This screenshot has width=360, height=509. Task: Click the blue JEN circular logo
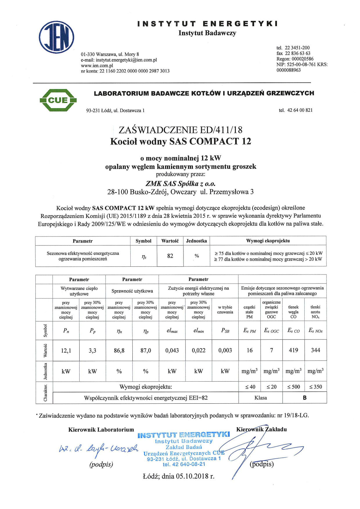click(57, 37)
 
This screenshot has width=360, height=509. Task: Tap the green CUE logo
click(58, 100)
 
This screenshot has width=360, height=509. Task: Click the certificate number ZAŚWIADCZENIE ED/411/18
click(180, 130)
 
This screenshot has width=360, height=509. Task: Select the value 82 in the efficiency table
click(170, 256)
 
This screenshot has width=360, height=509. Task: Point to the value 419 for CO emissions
click(294, 350)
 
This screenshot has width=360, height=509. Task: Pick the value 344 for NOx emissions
click(316, 350)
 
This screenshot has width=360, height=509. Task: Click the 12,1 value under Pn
click(66, 351)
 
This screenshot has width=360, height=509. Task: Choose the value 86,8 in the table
click(119, 351)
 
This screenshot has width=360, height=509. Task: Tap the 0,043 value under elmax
click(172, 351)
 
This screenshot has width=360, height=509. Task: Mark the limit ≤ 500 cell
click(294, 387)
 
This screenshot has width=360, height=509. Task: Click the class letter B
click(305, 398)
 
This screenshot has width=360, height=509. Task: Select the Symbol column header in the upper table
click(143, 241)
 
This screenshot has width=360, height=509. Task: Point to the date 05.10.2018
click(192, 476)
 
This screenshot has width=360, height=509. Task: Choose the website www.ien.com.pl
click(97, 66)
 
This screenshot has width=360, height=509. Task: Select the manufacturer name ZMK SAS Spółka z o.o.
click(180, 184)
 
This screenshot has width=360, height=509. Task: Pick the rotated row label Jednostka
click(45, 371)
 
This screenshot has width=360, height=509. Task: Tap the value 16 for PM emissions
click(250, 350)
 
